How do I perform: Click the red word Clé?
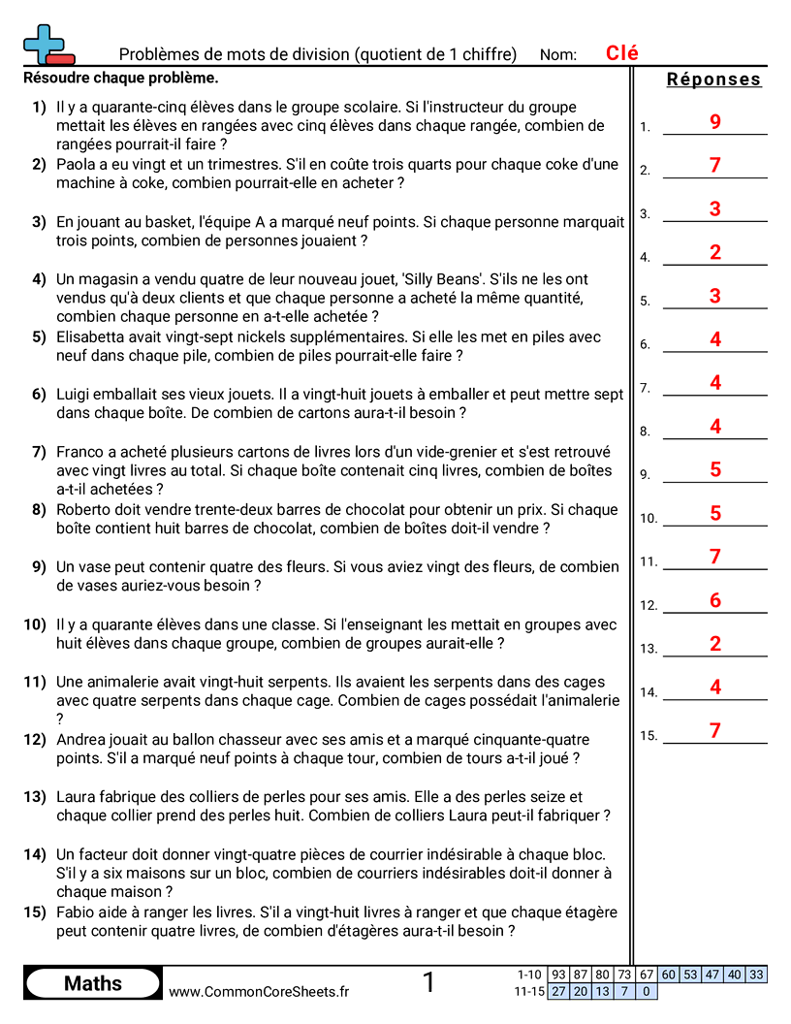(621, 53)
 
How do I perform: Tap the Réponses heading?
(713, 80)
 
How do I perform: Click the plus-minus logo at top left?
(47, 45)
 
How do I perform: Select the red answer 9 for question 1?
(715, 122)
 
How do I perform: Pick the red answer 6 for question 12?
(715, 601)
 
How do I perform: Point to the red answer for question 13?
(715, 644)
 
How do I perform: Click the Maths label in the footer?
(93, 983)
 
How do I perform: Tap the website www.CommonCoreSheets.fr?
(259, 991)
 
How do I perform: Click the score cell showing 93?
(558, 975)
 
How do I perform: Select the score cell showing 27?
(558, 991)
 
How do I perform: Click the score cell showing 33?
(756, 975)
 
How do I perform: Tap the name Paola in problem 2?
(77, 165)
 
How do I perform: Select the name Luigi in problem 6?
(75, 395)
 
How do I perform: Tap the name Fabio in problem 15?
(76, 912)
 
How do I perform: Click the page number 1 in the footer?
(428, 983)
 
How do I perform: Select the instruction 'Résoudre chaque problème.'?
(120, 78)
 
